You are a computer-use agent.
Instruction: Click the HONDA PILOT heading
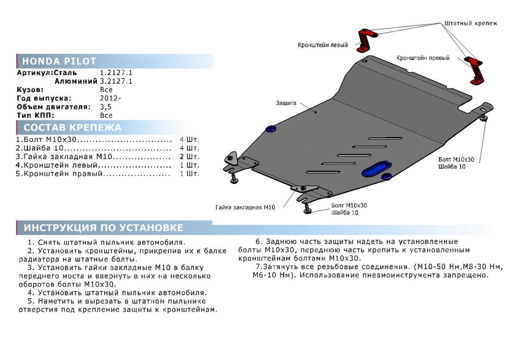click(x=59, y=61)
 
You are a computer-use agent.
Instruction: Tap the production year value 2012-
click(x=110, y=98)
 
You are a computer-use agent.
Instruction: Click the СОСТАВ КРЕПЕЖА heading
click(x=72, y=128)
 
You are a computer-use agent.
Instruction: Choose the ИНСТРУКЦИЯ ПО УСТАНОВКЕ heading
click(x=103, y=228)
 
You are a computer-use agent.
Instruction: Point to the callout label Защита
click(x=286, y=103)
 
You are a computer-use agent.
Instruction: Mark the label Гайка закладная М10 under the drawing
click(x=246, y=207)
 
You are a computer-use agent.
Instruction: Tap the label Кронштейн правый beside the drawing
click(x=423, y=58)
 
